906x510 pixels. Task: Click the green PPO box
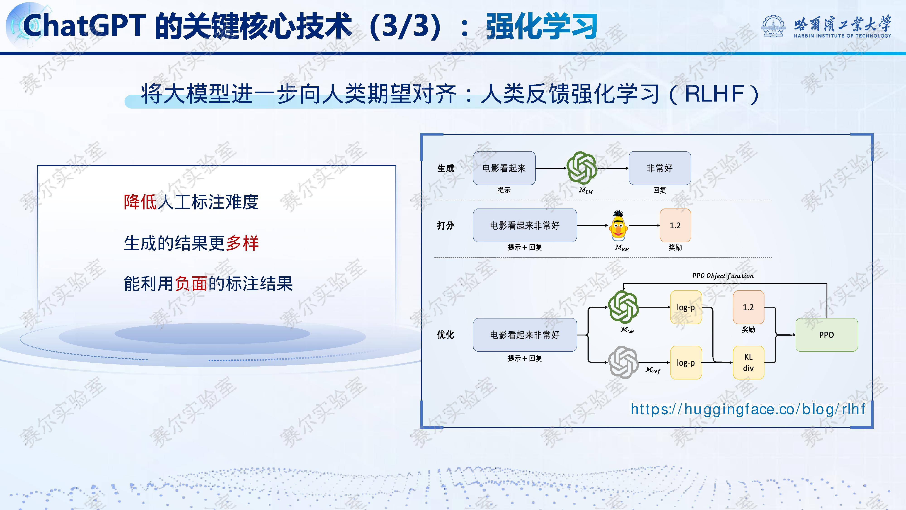826,335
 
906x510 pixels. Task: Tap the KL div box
748,362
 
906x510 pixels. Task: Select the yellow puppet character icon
618,226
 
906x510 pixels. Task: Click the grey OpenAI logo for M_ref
623,362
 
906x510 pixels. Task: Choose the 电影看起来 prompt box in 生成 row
504,168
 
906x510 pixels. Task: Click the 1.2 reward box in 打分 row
675,225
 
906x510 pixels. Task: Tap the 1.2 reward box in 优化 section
748,307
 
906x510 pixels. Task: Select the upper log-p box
686,307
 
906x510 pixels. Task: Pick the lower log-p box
686,362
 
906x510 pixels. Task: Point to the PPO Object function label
723,276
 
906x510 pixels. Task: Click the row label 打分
446,225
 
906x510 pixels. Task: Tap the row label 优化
446,335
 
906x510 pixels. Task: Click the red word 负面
191,284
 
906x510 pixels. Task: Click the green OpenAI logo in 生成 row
582,168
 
